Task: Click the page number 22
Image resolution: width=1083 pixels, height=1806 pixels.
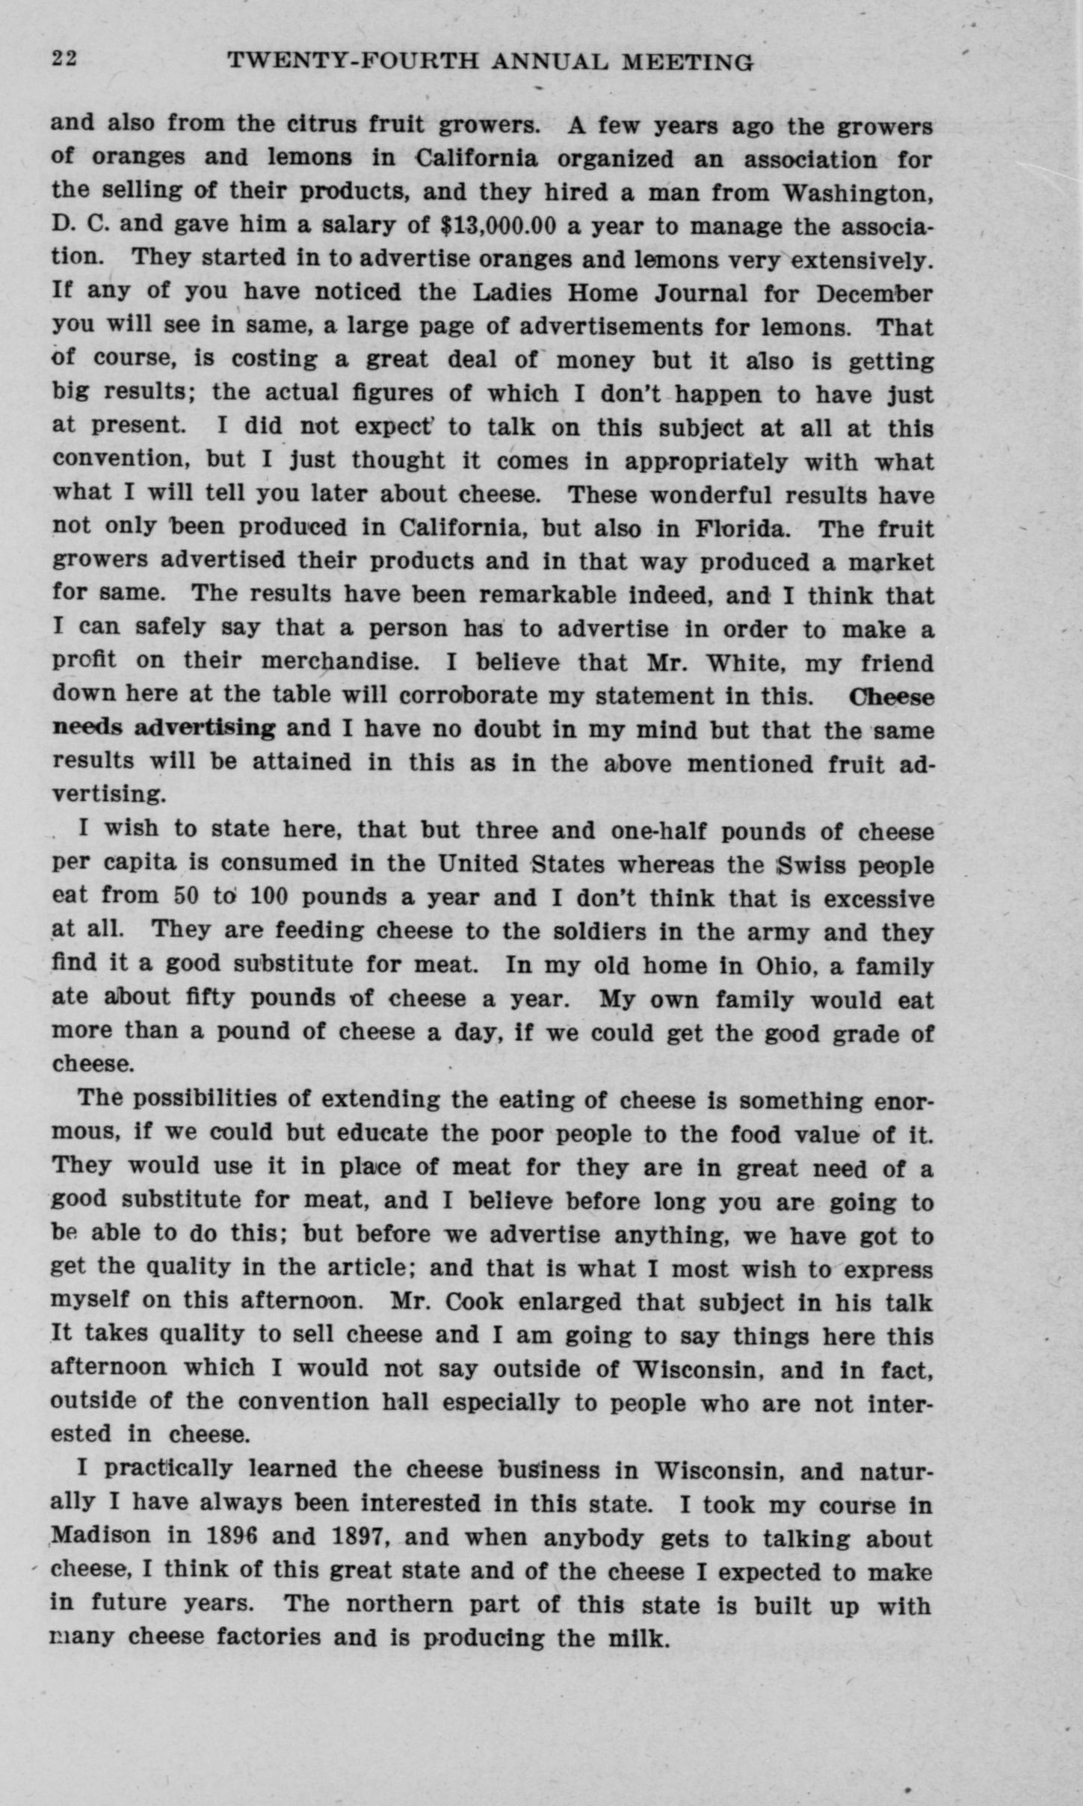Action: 64,59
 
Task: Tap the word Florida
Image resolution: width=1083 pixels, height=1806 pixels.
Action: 740,528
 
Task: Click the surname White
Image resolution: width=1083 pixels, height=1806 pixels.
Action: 746,663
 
